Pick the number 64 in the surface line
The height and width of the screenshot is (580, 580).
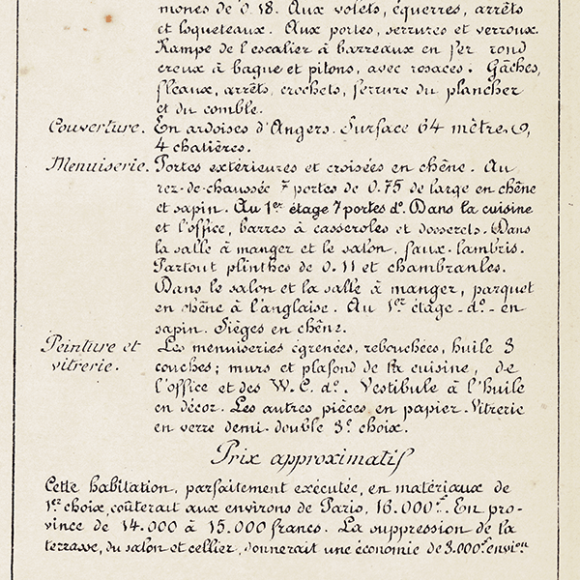click(448, 127)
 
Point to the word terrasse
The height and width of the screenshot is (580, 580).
click(76, 547)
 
